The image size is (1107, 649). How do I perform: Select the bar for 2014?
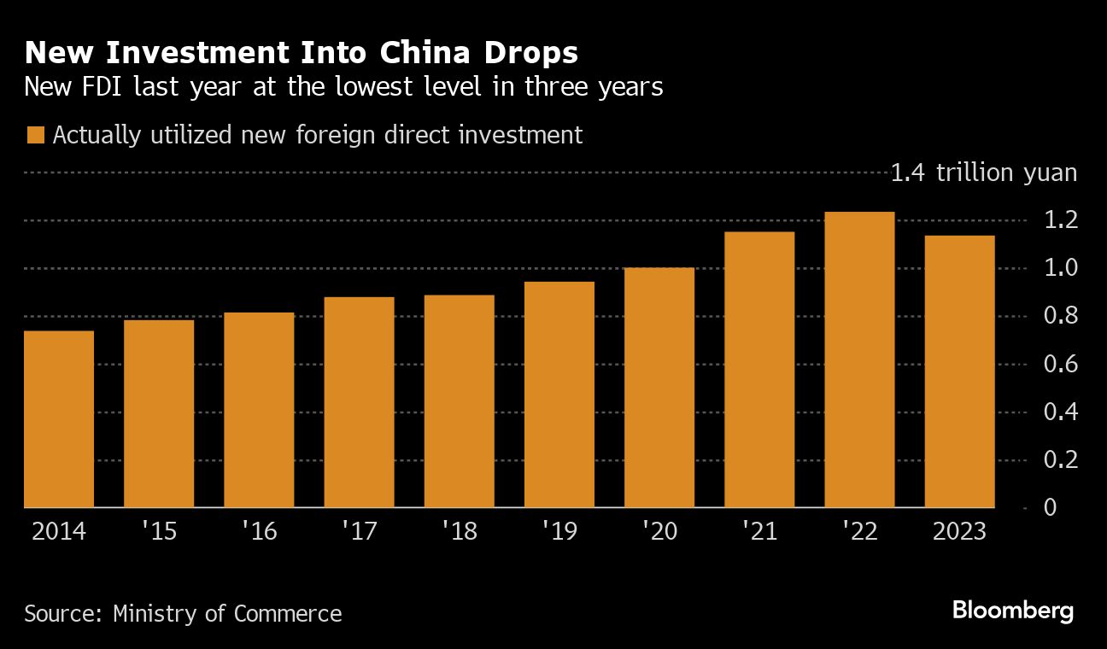(58, 419)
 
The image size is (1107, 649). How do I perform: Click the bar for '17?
(359, 402)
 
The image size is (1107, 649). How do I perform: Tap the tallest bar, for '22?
(859, 360)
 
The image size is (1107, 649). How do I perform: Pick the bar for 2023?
(959, 371)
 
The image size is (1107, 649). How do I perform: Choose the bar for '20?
(659, 388)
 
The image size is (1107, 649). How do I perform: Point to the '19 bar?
(559, 395)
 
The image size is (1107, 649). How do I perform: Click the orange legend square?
(35, 136)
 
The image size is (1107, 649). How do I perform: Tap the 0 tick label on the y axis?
(1050, 508)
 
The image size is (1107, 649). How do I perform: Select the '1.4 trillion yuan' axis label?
(983, 173)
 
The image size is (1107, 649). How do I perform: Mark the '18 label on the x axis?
(459, 532)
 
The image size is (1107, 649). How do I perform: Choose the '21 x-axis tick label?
(759, 532)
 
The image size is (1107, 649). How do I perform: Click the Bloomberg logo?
(1012, 611)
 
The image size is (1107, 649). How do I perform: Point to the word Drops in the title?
(535, 53)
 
